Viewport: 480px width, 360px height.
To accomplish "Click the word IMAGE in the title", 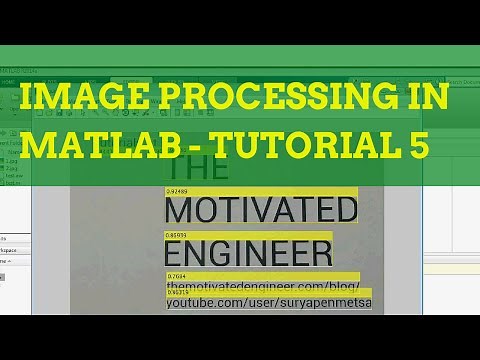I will (68, 101).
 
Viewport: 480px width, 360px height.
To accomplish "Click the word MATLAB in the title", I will (90, 147).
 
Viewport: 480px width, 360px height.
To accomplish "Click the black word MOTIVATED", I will (260, 211).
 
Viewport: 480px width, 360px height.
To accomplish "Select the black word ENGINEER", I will (247, 251).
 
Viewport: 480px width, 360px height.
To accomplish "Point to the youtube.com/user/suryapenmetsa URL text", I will (268, 303).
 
